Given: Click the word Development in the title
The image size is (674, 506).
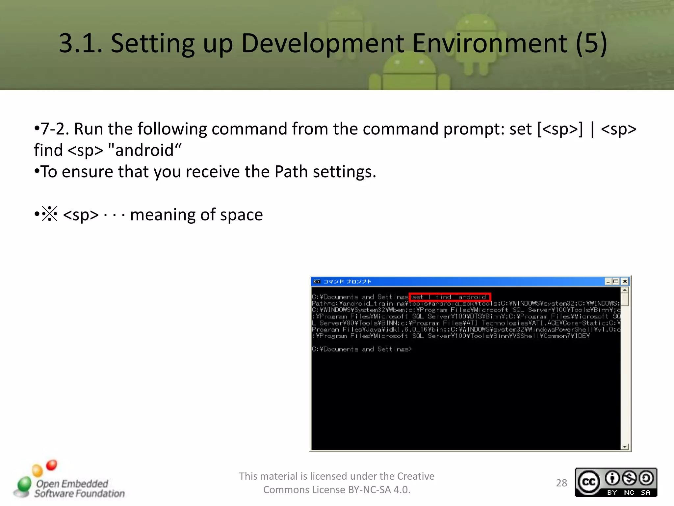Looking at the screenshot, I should pyautogui.click(x=323, y=43).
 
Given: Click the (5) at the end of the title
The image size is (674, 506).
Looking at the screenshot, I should pyautogui.click(x=591, y=43).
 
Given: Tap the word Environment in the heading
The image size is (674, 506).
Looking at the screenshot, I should pyautogui.click(x=489, y=43).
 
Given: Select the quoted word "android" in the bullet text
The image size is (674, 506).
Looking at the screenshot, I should pyautogui.click(x=144, y=150).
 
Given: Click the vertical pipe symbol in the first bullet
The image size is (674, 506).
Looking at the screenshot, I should pyautogui.click(x=592, y=129).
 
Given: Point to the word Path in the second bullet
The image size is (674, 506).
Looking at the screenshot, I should pyautogui.click(x=291, y=172).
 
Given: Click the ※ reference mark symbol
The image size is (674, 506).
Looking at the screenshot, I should pyautogui.click(x=50, y=214).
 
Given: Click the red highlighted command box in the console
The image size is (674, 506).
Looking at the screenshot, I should pyautogui.click(x=450, y=297).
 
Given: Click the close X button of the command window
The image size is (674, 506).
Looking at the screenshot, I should pyautogui.click(x=625, y=281).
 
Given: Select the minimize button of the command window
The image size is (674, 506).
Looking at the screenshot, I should pyautogui.click(x=608, y=281).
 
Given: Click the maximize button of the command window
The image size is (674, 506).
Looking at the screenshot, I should pyautogui.click(x=616, y=281).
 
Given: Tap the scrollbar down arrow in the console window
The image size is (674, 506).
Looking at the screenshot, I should pyautogui.click(x=624, y=447).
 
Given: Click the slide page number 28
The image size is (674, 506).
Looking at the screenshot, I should pyautogui.click(x=561, y=483).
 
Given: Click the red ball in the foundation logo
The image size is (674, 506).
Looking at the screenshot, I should pyautogui.click(x=52, y=465).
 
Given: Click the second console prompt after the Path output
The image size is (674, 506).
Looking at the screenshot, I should pyautogui.click(x=361, y=349).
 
